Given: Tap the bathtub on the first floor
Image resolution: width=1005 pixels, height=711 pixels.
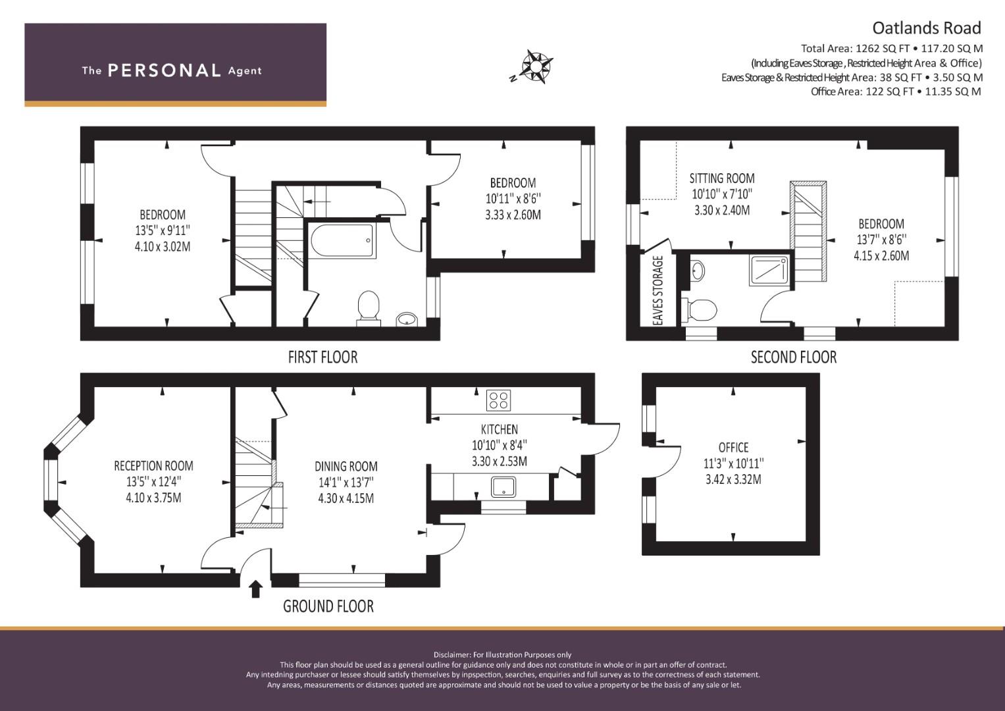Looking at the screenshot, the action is pos(342,240).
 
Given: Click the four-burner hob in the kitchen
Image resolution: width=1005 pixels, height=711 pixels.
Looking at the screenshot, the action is pos(498,400).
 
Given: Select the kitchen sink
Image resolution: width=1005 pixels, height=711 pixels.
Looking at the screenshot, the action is pos(503,487).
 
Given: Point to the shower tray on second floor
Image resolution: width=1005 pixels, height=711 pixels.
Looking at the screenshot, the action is pos(769,271).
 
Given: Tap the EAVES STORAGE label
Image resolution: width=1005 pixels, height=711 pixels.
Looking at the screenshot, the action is pos(657,290).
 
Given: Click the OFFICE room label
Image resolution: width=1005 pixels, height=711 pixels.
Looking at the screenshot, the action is pos(734,448).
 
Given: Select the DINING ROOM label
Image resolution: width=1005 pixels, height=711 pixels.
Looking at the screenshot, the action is pos(346,466).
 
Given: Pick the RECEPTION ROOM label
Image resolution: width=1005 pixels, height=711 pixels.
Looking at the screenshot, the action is pos(153,466).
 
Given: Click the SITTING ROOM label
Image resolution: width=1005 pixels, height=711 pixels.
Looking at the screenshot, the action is pos(722,178).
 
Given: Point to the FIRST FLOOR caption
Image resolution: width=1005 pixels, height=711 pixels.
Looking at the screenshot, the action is pos(322,357).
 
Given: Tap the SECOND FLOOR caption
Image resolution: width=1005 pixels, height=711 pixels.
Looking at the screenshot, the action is pos(794,357).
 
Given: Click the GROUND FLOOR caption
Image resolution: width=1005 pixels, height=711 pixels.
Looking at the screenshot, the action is pos(328,606).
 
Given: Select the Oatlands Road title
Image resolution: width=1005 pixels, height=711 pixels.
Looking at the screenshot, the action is pos(927,28).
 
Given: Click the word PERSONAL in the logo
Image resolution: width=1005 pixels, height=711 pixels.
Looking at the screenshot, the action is pos(165,70).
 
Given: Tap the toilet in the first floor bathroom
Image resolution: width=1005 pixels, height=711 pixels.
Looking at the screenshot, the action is pos(369,308).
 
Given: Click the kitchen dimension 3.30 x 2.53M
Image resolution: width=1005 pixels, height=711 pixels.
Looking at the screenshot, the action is pos(500,461).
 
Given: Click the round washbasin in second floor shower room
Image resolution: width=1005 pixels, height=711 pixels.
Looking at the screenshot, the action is pos(698,271).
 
